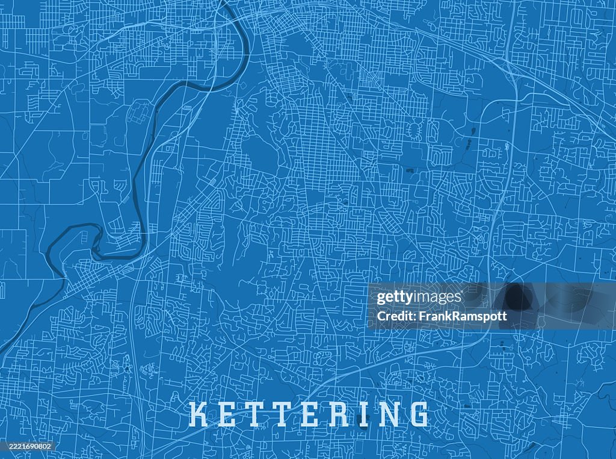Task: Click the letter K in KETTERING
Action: pos(201,414)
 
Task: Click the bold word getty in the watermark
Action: pos(394,298)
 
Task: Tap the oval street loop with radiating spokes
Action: pos(413,131)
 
